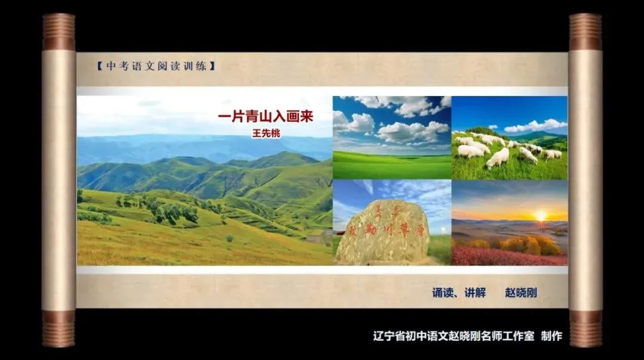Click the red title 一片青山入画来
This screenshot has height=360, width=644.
(265, 116)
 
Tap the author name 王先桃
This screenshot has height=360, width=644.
(265, 134)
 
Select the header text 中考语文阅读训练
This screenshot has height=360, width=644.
(156, 66)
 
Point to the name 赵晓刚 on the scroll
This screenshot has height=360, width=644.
(521, 293)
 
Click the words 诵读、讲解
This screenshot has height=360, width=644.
(459, 293)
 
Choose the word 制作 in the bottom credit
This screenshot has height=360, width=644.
(552, 336)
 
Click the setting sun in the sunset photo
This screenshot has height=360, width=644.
(541, 215)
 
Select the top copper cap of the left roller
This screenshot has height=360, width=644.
(58, 32)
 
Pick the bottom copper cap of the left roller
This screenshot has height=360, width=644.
(58, 328)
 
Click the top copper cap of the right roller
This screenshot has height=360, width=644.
(585, 32)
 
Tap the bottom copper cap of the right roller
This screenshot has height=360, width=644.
(585, 328)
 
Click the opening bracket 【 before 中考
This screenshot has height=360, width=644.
(99, 66)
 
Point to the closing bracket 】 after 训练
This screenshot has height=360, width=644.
(212, 66)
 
